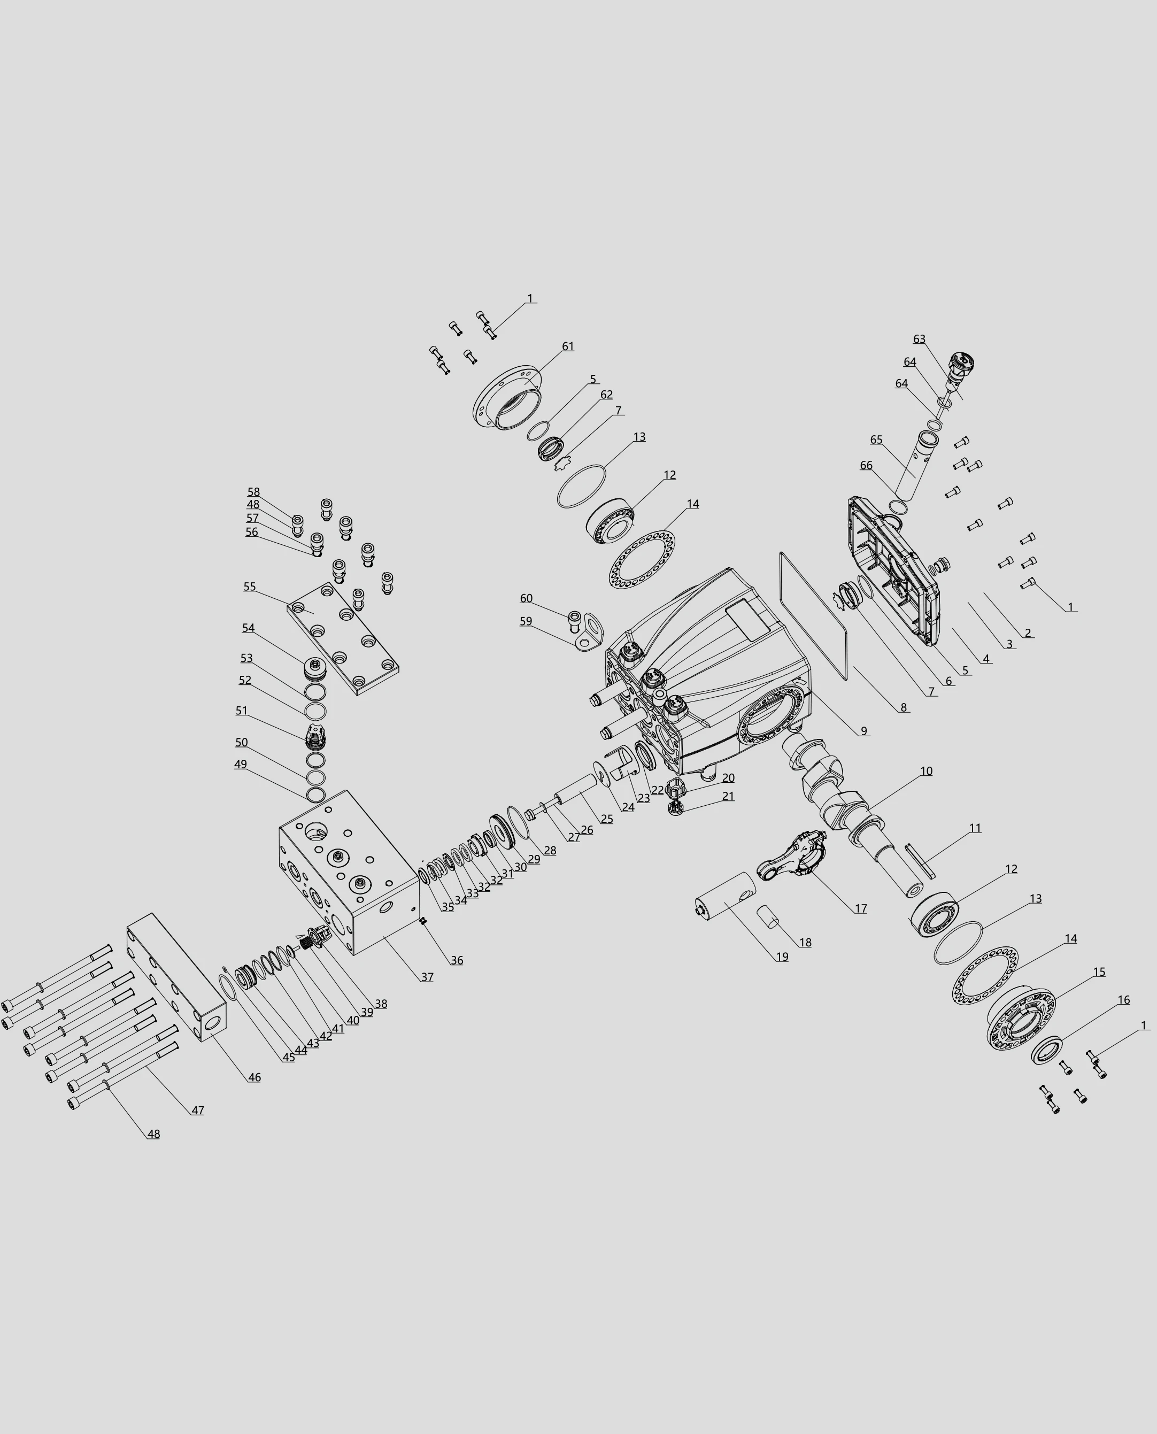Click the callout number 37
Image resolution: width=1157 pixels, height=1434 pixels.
(x=427, y=977)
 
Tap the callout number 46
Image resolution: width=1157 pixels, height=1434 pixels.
(x=254, y=1077)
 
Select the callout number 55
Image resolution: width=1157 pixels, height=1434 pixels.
(x=249, y=587)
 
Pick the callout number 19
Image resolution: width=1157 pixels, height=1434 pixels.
(x=782, y=957)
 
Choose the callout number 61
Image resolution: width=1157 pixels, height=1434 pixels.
(x=567, y=346)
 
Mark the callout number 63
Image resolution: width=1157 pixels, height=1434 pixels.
(x=919, y=339)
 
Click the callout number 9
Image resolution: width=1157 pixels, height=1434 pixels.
(x=864, y=731)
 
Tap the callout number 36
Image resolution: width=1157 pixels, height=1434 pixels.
(x=457, y=960)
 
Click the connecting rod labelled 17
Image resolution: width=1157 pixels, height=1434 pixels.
(x=793, y=855)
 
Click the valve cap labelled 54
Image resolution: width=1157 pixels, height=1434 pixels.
(x=314, y=668)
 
